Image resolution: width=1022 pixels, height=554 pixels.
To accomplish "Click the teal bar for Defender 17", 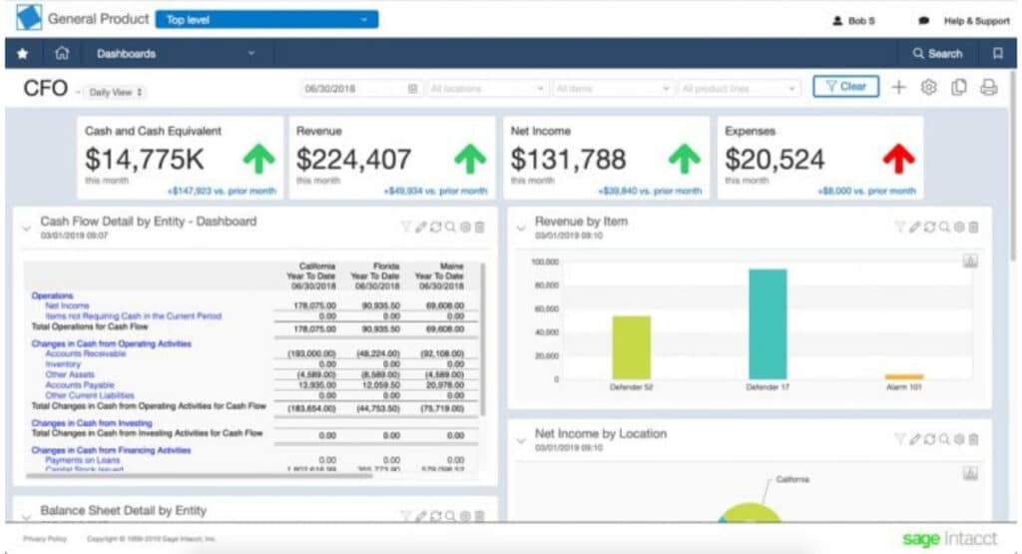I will [767, 324].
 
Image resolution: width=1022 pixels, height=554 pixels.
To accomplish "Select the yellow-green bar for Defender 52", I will [631, 347].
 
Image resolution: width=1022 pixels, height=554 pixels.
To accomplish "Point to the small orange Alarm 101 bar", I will [903, 377].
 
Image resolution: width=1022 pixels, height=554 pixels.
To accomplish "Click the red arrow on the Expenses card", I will [897, 159].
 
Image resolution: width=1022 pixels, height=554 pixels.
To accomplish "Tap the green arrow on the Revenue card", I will [469, 159].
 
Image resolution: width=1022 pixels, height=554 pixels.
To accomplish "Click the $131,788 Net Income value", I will [568, 160].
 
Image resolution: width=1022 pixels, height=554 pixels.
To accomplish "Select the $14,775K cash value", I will [145, 160].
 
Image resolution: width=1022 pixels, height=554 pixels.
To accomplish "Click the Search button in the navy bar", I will [937, 54].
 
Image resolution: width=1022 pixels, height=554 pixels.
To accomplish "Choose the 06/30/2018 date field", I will [360, 88].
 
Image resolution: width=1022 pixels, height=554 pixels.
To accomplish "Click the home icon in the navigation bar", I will [62, 54].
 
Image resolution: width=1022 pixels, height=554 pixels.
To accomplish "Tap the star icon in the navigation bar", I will [23, 54].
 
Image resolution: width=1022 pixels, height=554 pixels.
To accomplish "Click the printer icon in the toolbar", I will [988, 88].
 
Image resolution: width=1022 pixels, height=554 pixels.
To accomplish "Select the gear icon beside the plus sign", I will [928, 88].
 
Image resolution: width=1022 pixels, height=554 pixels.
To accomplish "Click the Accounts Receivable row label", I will [86, 353].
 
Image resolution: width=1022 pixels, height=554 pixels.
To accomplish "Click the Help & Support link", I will [976, 21].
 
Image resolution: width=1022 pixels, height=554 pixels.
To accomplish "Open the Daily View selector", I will [116, 92].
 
